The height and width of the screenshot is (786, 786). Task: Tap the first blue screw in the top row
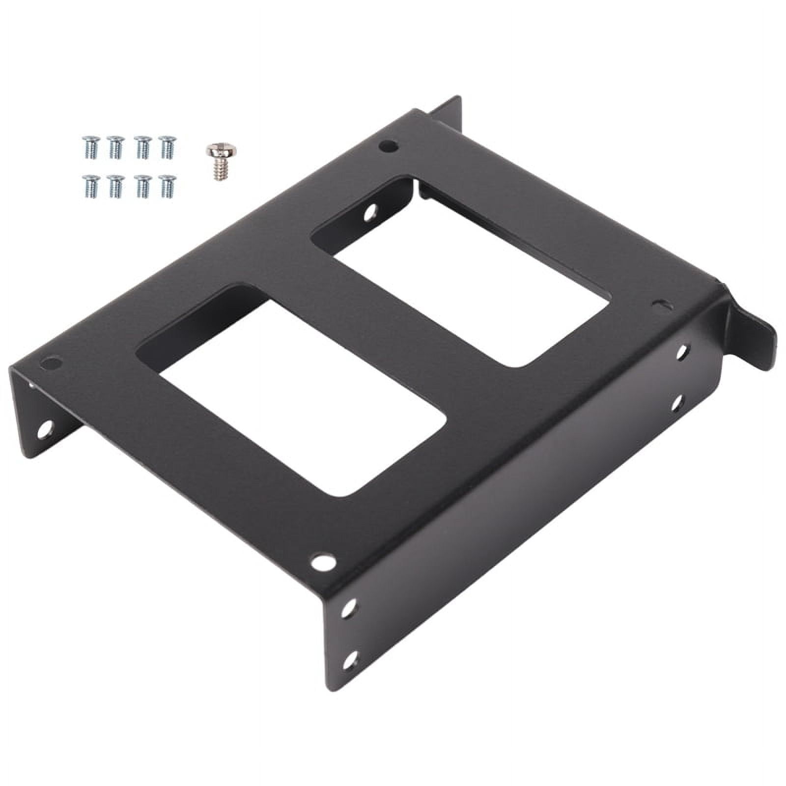(x=89, y=146)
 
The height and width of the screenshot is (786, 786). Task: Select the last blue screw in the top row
(x=167, y=146)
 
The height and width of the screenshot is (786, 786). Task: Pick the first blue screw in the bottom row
(x=89, y=186)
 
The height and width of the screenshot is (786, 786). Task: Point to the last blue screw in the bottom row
(x=167, y=186)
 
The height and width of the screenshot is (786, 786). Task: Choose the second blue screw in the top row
(x=115, y=146)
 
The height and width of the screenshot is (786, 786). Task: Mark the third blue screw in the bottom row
(x=141, y=186)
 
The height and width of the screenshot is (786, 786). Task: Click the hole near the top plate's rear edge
(x=388, y=146)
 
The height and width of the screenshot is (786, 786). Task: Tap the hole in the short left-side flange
(x=46, y=427)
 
